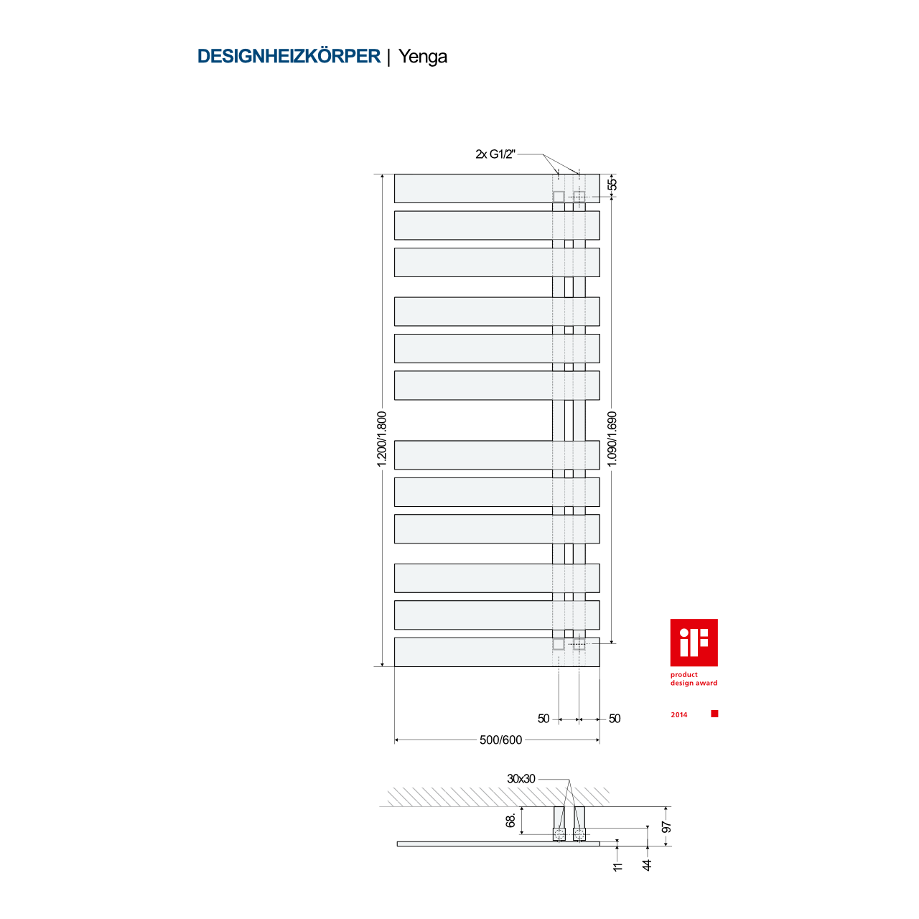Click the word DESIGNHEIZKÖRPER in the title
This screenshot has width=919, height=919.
(x=289, y=57)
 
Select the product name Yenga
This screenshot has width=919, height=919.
(x=423, y=57)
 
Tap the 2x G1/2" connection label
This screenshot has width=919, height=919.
(x=495, y=154)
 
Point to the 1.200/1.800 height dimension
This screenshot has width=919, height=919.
(x=382, y=439)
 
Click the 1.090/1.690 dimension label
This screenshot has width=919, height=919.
(x=612, y=439)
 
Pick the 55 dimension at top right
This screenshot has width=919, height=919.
(x=612, y=185)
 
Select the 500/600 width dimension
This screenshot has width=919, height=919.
(x=500, y=740)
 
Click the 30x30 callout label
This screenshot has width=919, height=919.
(x=521, y=779)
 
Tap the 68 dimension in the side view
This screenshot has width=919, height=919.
(x=511, y=820)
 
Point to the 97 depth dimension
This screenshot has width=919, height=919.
(x=666, y=828)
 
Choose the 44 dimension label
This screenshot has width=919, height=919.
(x=647, y=866)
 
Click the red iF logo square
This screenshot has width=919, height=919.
(x=694, y=643)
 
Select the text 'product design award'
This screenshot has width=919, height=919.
(x=694, y=679)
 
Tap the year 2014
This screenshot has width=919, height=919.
(x=679, y=715)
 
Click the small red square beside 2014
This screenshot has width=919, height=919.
(x=714, y=714)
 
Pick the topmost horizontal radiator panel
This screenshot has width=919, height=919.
(x=474, y=188)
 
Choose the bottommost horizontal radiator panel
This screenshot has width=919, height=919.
(x=474, y=652)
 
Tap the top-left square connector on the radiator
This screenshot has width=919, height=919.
(x=559, y=196)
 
